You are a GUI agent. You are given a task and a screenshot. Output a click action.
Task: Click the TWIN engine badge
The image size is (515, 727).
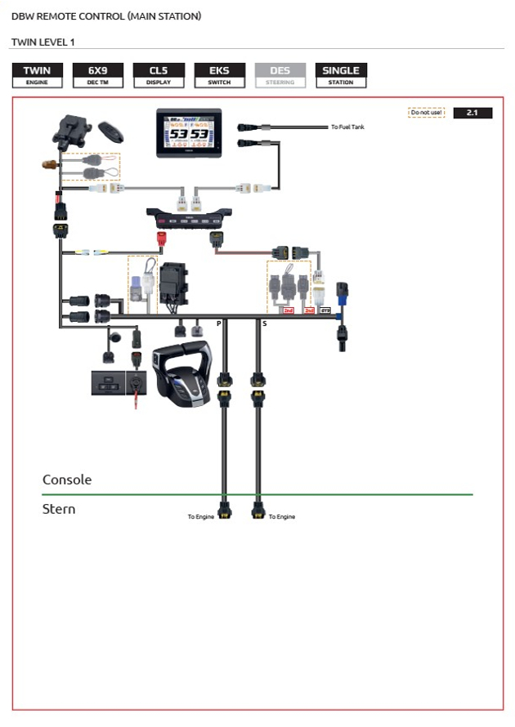coord(37,75)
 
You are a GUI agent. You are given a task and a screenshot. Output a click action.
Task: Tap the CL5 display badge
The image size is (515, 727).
coord(159,75)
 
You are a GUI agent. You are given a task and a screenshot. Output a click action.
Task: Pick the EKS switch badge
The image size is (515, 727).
coord(219,75)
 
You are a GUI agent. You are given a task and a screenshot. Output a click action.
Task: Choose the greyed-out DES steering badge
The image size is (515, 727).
coord(280,75)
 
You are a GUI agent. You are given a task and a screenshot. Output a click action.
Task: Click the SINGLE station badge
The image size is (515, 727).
coord(341,75)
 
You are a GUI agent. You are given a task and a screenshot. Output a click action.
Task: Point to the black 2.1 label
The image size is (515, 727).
coord(472,113)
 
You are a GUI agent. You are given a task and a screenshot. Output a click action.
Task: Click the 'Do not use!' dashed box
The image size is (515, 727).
coord(427,113)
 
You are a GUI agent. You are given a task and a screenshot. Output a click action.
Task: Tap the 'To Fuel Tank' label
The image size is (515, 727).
coord(348,127)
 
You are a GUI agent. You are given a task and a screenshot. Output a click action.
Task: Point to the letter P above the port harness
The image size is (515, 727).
coord(218,324)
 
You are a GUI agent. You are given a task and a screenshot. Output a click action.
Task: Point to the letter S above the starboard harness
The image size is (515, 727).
coord(264,324)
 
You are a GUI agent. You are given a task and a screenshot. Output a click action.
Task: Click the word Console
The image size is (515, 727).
coord(67,479)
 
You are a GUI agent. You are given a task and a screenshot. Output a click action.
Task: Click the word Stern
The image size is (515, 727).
coord(59,509)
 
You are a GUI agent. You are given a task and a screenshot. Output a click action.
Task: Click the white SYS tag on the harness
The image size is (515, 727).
coord(325,310)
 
